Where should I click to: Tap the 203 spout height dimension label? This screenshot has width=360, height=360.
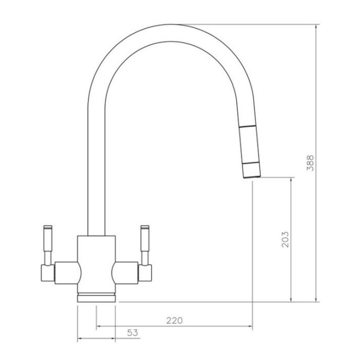click(285, 239)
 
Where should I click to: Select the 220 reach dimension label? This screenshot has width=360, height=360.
click(174, 320)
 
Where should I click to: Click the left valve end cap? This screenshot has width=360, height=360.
click(47, 273)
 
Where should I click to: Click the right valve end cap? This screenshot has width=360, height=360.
click(145, 273)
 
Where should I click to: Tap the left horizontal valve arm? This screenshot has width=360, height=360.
click(67, 272)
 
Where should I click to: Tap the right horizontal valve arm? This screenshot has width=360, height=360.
click(125, 272)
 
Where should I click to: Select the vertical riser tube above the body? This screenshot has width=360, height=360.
click(96, 178)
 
